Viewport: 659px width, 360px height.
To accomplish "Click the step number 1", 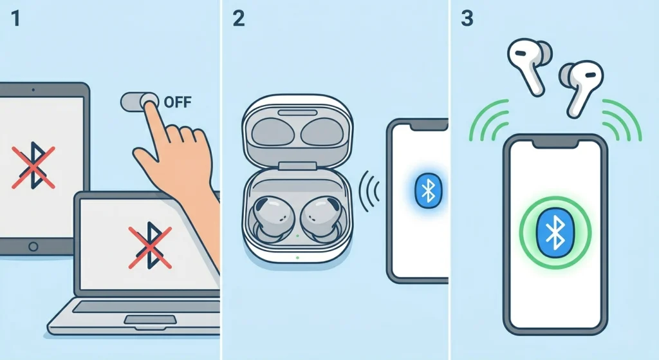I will (16, 19).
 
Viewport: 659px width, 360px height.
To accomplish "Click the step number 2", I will (239, 19).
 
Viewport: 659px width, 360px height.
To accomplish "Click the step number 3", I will (468, 19).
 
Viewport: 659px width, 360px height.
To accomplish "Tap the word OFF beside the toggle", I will (178, 102).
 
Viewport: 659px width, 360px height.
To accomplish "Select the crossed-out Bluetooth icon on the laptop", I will (149, 246).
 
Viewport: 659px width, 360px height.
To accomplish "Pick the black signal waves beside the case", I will (369, 191).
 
